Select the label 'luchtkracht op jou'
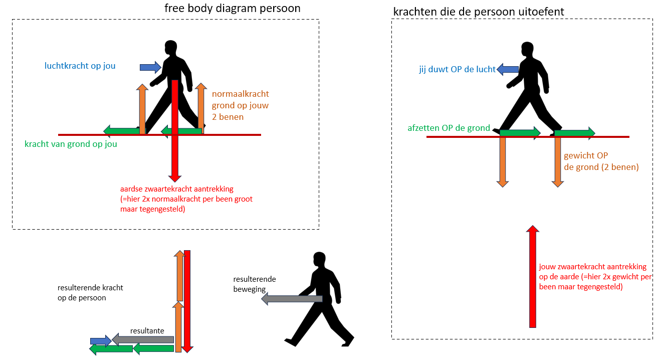[80, 66]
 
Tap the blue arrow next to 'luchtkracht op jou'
[150, 67]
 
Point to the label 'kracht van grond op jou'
[71, 144]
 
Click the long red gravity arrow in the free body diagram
[174, 130]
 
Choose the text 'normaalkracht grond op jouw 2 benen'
[240, 105]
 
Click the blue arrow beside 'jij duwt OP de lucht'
[507, 70]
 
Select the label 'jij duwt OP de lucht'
[457, 70]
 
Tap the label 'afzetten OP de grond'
[449, 128]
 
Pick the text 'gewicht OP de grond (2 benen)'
[601, 161]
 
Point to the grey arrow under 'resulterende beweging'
[292, 299]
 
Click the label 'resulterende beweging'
[254, 284]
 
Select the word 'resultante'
[147, 331]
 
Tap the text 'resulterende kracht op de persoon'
[90, 293]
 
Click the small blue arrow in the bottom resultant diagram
[100, 341]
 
